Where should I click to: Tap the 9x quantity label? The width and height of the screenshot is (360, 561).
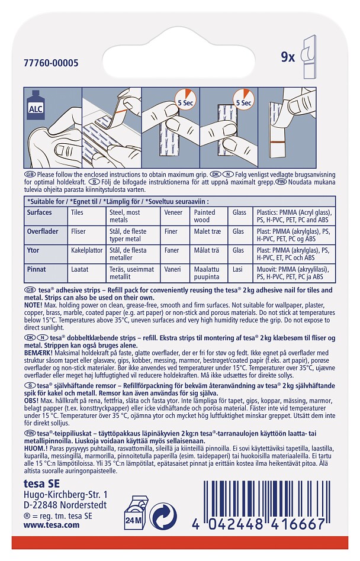(288, 57)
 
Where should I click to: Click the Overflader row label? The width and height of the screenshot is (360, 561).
(43, 232)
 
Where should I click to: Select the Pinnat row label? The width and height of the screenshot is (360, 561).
(37, 269)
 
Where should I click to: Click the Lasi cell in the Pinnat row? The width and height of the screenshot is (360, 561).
(238, 269)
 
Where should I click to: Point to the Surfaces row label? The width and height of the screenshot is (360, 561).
(40, 212)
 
